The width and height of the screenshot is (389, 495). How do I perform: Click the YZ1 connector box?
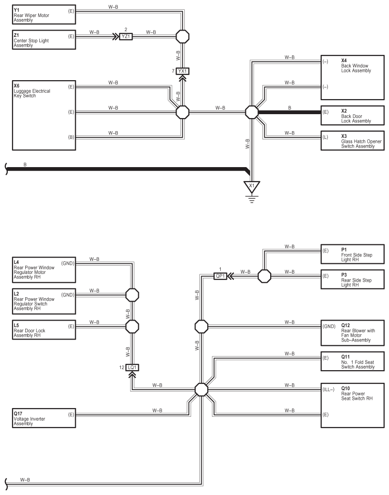point(126,36)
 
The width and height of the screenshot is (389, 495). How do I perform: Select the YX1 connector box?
point(182,71)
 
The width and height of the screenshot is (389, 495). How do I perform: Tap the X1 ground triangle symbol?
point(252,187)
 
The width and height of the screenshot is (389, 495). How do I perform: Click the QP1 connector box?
point(220,276)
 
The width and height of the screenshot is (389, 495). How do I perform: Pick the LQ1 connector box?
point(132,367)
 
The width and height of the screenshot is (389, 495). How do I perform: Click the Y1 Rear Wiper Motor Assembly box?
point(44,15)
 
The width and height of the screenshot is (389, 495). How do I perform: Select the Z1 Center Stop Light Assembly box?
point(44,40)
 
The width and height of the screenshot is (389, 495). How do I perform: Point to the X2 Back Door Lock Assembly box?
point(353,116)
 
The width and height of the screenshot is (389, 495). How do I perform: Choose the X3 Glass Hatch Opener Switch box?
point(353,140)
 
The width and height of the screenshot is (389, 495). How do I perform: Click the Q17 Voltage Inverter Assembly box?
point(44,418)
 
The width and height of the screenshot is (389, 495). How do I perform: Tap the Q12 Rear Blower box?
point(353,333)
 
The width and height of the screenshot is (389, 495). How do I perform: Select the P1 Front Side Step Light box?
point(353,254)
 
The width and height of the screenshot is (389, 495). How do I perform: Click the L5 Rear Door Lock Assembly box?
point(44,330)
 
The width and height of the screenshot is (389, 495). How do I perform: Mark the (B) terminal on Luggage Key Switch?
point(71,137)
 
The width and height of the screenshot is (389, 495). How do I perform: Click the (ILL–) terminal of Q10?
point(328,390)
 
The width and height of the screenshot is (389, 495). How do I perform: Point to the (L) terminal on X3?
point(325,137)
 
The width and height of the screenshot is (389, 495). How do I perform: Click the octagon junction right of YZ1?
point(182,36)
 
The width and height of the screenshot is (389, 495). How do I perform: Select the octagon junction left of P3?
point(264,276)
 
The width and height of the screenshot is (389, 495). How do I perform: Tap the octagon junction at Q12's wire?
point(201,326)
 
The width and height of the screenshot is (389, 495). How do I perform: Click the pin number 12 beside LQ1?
point(122,367)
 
